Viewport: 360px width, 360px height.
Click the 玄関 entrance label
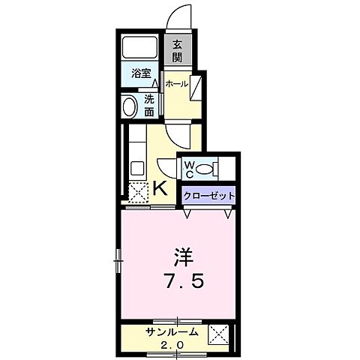(178, 50)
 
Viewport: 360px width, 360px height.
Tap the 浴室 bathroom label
(139, 73)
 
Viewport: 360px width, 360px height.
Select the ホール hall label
(176, 84)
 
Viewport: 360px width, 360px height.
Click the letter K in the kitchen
(160, 187)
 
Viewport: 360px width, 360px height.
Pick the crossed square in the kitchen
(137, 191)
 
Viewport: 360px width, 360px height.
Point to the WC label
(189, 166)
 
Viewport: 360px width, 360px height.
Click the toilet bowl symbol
(207, 167)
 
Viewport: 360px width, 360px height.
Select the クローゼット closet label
(210, 196)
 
